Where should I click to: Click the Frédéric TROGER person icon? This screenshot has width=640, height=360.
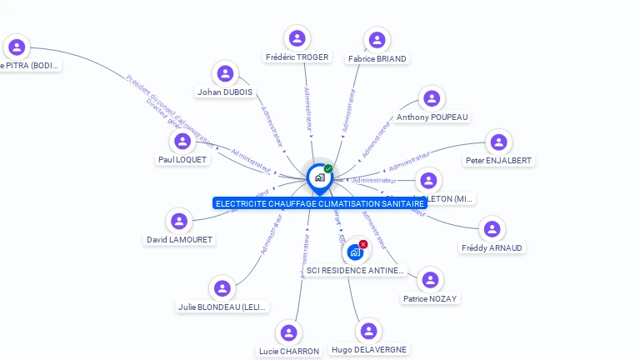pyautogui.click(x=297, y=38)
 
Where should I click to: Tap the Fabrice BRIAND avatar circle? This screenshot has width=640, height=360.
pyautogui.click(x=377, y=40)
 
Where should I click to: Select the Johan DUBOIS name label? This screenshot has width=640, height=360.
pyautogui.click(x=225, y=92)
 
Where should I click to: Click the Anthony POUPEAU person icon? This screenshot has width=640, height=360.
pyautogui.click(x=431, y=99)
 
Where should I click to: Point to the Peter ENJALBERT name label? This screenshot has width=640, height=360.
pyautogui.click(x=498, y=160)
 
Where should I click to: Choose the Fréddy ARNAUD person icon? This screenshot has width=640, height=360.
pyautogui.click(x=492, y=229)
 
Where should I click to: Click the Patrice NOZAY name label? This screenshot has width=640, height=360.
pyautogui.click(x=430, y=298)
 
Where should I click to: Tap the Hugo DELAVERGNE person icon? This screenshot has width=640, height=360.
pyautogui.click(x=368, y=332)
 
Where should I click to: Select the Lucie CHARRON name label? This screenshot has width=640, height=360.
pyautogui.click(x=289, y=351)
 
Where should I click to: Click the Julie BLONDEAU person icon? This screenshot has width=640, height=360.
pyautogui.click(x=222, y=288)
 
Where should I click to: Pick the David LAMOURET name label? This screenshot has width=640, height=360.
pyautogui.click(x=179, y=240)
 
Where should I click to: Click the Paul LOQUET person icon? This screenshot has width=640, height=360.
pyautogui.click(x=182, y=142)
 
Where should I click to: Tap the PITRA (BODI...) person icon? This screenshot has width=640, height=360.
pyautogui.click(x=17, y=47)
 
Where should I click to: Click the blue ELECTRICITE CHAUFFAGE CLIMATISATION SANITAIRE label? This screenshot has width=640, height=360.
pyautogui.click(x=320, y=203)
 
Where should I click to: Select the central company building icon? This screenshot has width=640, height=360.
pyautogui.click(x=319, y=177)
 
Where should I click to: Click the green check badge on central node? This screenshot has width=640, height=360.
pyautogui.click(x=328, y=168)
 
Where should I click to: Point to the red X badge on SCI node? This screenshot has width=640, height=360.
pyautogui.click(x=363, y=244)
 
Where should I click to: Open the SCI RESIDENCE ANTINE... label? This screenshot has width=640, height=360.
pyautogui.click(x=355, y=270)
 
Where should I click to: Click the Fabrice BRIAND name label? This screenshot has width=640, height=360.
pyautogui.click(x=377, y=59)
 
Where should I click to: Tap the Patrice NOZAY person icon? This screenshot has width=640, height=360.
pyautogui.click(x=430, y=280)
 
